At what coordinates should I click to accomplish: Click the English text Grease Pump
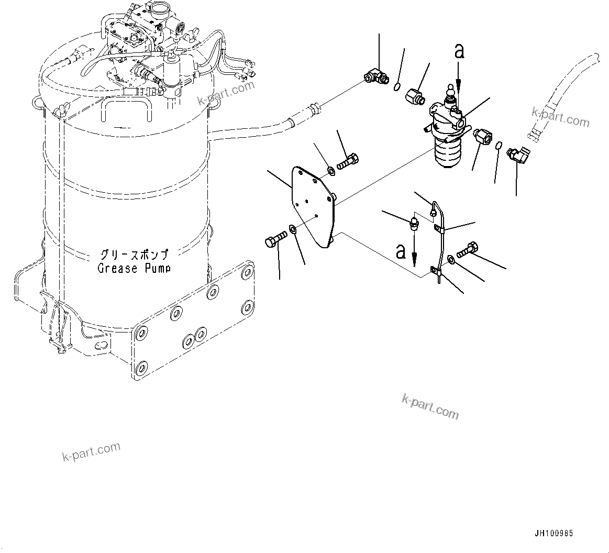(134, 269)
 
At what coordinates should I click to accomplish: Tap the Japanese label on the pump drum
(134, 256)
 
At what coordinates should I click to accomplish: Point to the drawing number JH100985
(553, 534)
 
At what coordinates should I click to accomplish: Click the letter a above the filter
(459, 51)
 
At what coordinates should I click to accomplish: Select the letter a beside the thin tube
(401, 251)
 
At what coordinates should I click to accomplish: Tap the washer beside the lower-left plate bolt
(293, 229)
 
